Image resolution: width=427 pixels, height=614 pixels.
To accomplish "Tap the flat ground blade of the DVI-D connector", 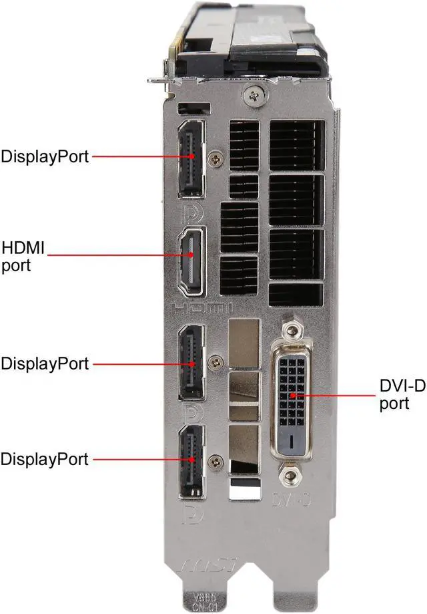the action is pyautogui.click(x=293, y=442).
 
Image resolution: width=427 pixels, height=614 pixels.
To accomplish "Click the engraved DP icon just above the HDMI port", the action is pyautogui.click(x=190, y=212).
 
